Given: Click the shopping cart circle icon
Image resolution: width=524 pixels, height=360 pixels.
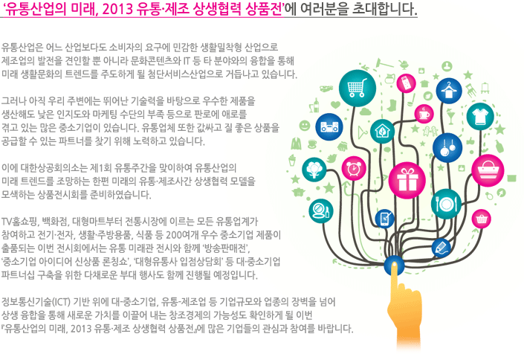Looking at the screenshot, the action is [x=358, y=89].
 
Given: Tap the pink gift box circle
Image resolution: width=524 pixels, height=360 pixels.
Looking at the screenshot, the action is [x=407, y=180].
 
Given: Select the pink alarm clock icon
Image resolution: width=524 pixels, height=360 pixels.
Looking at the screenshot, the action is [x=354, y=168].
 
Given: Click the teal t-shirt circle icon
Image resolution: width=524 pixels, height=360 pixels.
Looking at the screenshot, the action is [x=480, y=117].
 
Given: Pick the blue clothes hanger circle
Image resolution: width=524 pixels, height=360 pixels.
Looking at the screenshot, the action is [x=449, y=91].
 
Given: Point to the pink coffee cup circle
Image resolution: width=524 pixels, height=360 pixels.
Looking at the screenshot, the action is [x=424, y=113].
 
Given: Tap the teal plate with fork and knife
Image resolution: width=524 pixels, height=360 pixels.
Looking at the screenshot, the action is [x=446, y=204].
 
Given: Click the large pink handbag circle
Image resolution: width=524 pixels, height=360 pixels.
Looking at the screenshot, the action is [x=488, y=170].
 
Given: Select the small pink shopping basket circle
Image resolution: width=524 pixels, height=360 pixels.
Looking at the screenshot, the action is [x=482, y=219].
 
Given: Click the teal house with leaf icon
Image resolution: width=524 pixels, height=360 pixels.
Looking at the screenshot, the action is [x=382, y=131].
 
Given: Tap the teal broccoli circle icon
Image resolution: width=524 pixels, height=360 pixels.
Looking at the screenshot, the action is [x=314, y=170].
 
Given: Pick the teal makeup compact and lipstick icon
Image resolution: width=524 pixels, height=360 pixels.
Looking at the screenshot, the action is [x=321, y=210].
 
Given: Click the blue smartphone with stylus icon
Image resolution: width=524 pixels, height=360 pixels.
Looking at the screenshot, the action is [x=385, y=219].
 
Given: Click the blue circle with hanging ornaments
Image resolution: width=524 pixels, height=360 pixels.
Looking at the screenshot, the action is [x=447, y=147].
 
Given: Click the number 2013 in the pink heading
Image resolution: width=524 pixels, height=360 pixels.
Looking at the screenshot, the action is [x=118, y=9].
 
